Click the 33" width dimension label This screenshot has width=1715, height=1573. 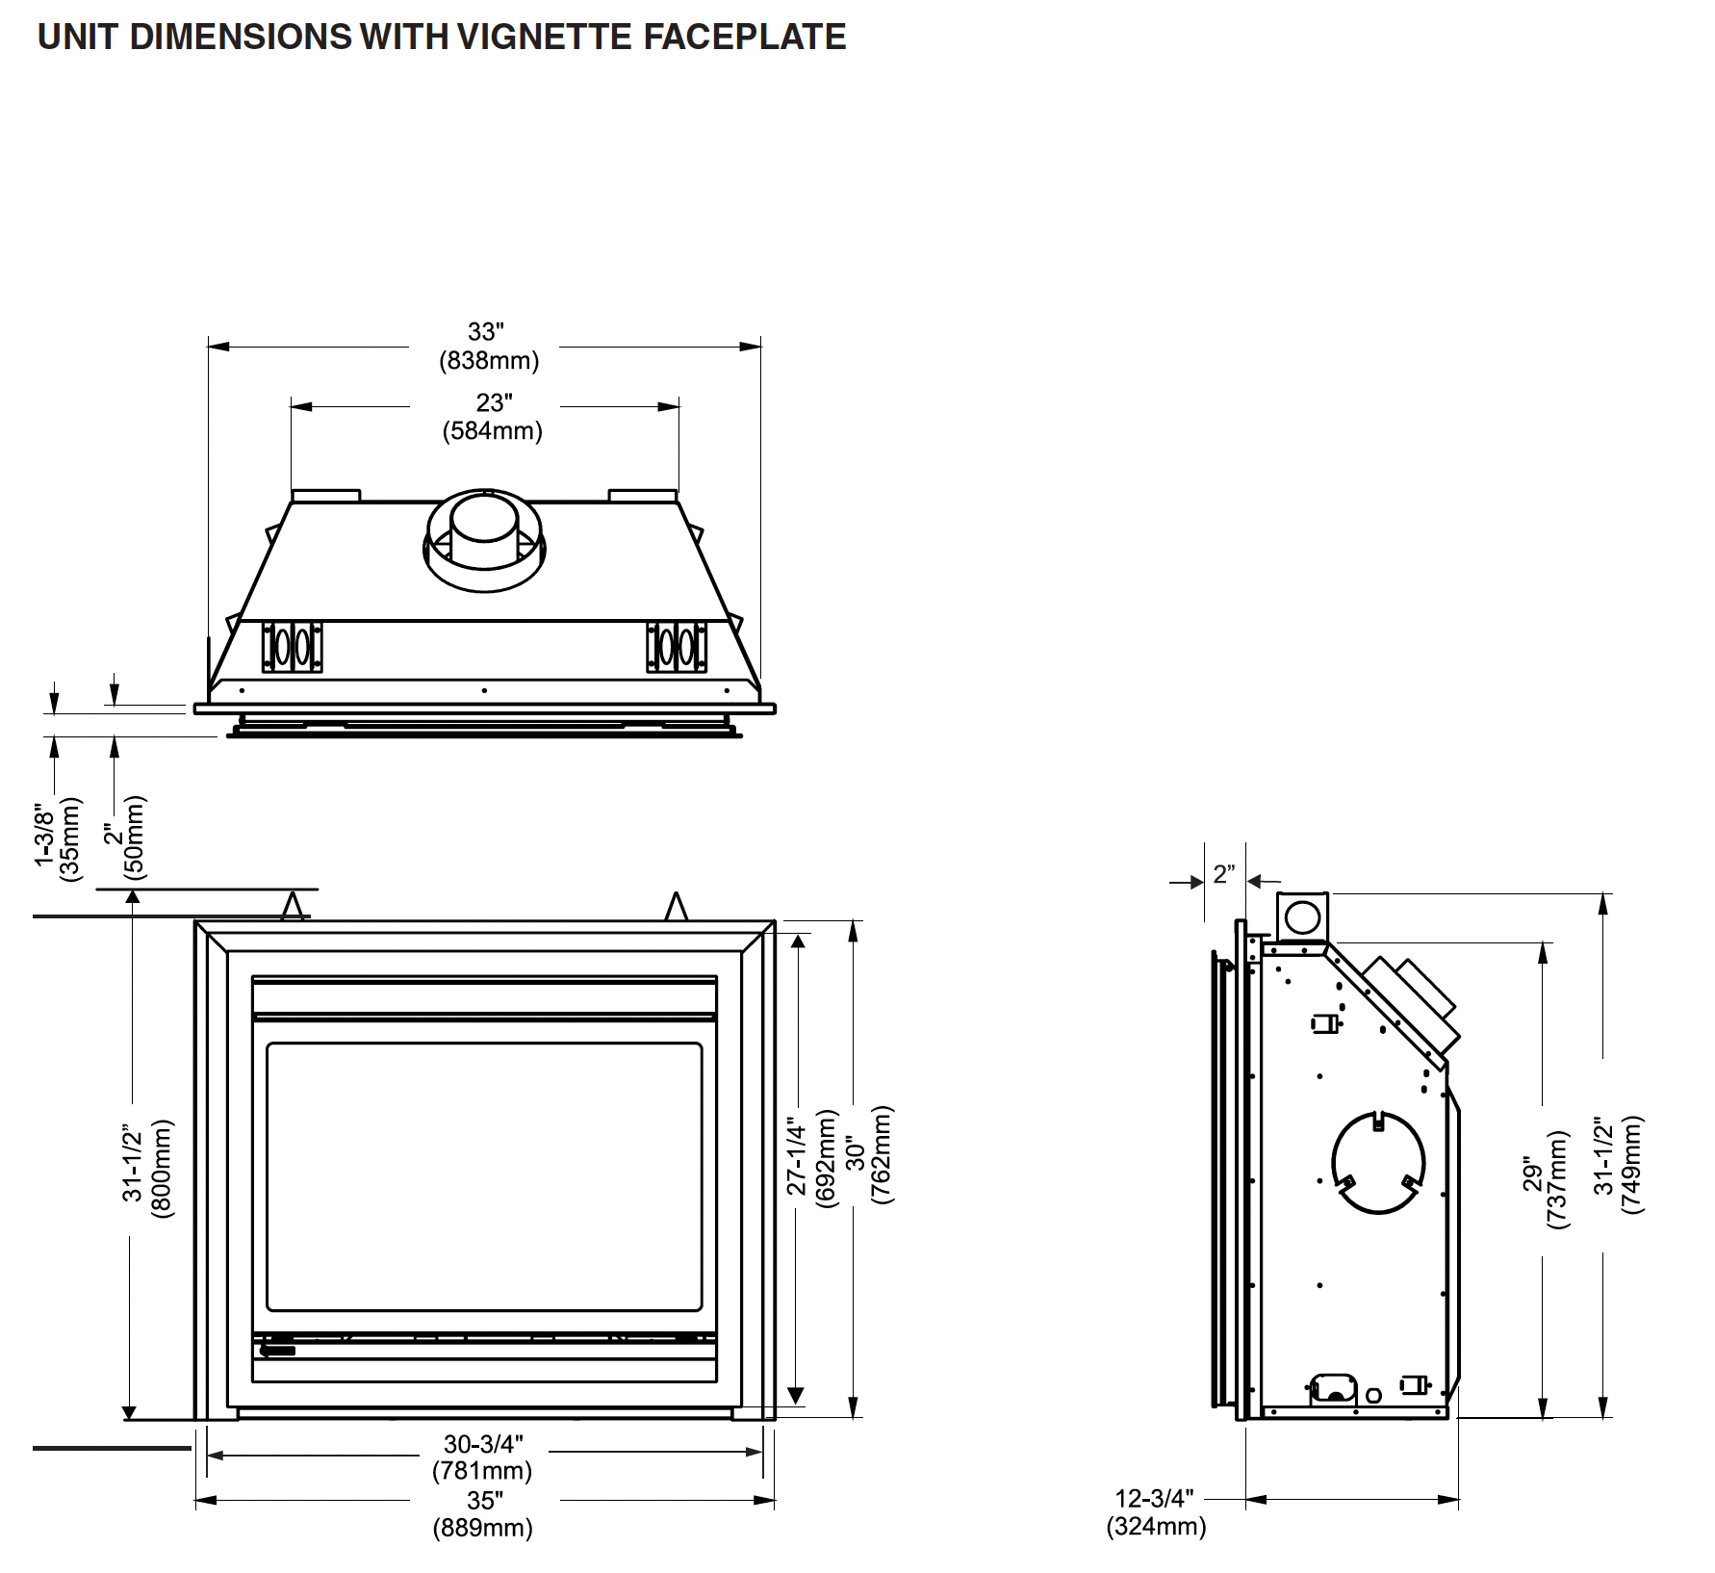pyautogui.click(x=485, y=332)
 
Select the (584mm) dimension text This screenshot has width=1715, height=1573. pyautogui.click(x=492, y=430)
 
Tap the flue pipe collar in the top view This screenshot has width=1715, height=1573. pyautogui.click(x=484, y=539)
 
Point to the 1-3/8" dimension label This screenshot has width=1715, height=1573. pyautogui.click(x=44, y=835)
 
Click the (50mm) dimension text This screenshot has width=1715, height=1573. pyautogui.click(x=135, y=836)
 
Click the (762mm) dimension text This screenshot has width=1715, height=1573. pyautogui.click(x=881, y=1156)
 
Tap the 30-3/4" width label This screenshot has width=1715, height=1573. pyautogui.click(x=483, y=1444)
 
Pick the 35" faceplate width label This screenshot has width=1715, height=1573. pyautogui.click(x=484, y=1501)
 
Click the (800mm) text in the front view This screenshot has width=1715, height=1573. pyautogui.click(x=161, y=1168)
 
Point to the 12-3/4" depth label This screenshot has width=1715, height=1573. pyautogui.click(x=1154, y=1499)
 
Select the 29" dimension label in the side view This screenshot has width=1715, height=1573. pyautogui.click(x=1532, y=1177)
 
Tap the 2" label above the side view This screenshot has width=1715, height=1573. pyautogui.click(x=1223, y=874)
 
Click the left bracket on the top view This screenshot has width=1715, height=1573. pyautogui.click(x=293, y=646)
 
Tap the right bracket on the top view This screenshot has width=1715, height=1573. pyautogui.click(x=677, y=646)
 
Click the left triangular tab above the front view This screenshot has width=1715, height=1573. pyautogui.click(x=293, y=907)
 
